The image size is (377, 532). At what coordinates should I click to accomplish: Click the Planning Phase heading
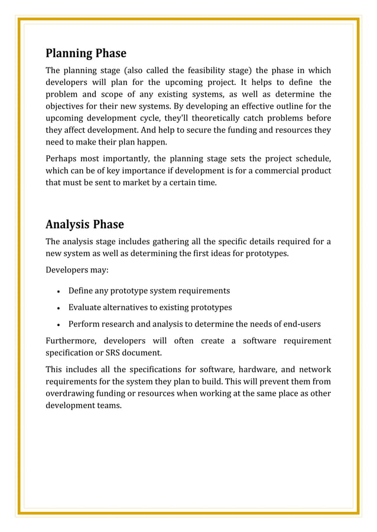pyautogui.click(x=86, y=54)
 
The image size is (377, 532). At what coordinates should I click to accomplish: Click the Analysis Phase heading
pyautogui.click(x=84, y=225)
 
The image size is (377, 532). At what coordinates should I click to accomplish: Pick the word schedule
pyautogui.click(x=311, y=159)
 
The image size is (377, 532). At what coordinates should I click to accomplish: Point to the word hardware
pyautogui.click(x=261, y=370)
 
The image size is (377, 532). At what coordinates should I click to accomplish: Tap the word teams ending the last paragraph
pyautogui.click(x=109, y=405)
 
